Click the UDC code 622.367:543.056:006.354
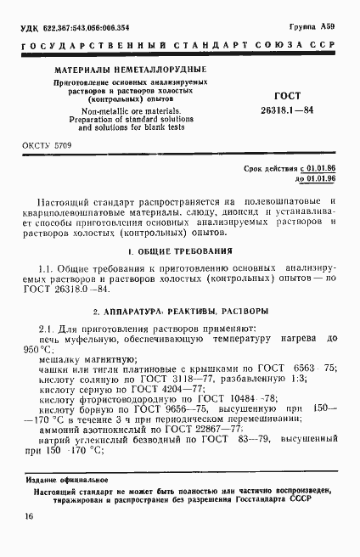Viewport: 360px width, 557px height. coord(75,30)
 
